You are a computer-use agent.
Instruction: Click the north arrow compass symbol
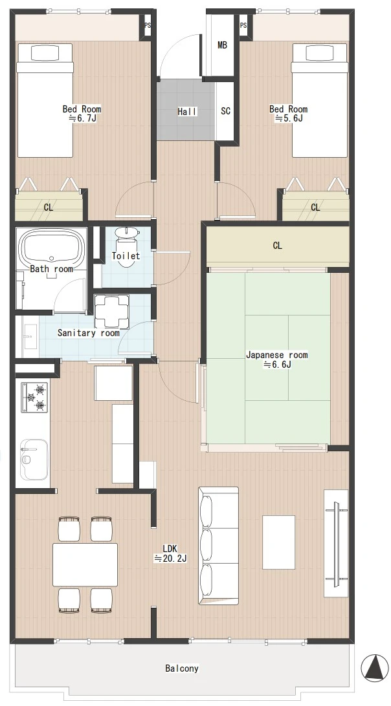375,667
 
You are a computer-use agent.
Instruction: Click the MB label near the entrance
222,45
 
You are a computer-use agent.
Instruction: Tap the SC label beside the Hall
225,111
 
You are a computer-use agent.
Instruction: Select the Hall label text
187,111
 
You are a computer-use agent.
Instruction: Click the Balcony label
182,669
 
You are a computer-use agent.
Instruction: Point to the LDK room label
170,548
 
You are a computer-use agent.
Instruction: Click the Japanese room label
277,355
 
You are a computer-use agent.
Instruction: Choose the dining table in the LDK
85,564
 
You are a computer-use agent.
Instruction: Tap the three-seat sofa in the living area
218,545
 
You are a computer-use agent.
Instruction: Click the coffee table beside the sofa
279,542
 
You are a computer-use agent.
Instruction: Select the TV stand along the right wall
336,544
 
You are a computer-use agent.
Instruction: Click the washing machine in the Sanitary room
111,311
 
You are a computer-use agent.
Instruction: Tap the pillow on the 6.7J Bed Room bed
45,52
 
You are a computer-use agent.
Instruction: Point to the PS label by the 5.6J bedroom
243,25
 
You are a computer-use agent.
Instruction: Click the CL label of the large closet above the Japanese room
277,246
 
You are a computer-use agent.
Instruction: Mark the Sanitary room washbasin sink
27,336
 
